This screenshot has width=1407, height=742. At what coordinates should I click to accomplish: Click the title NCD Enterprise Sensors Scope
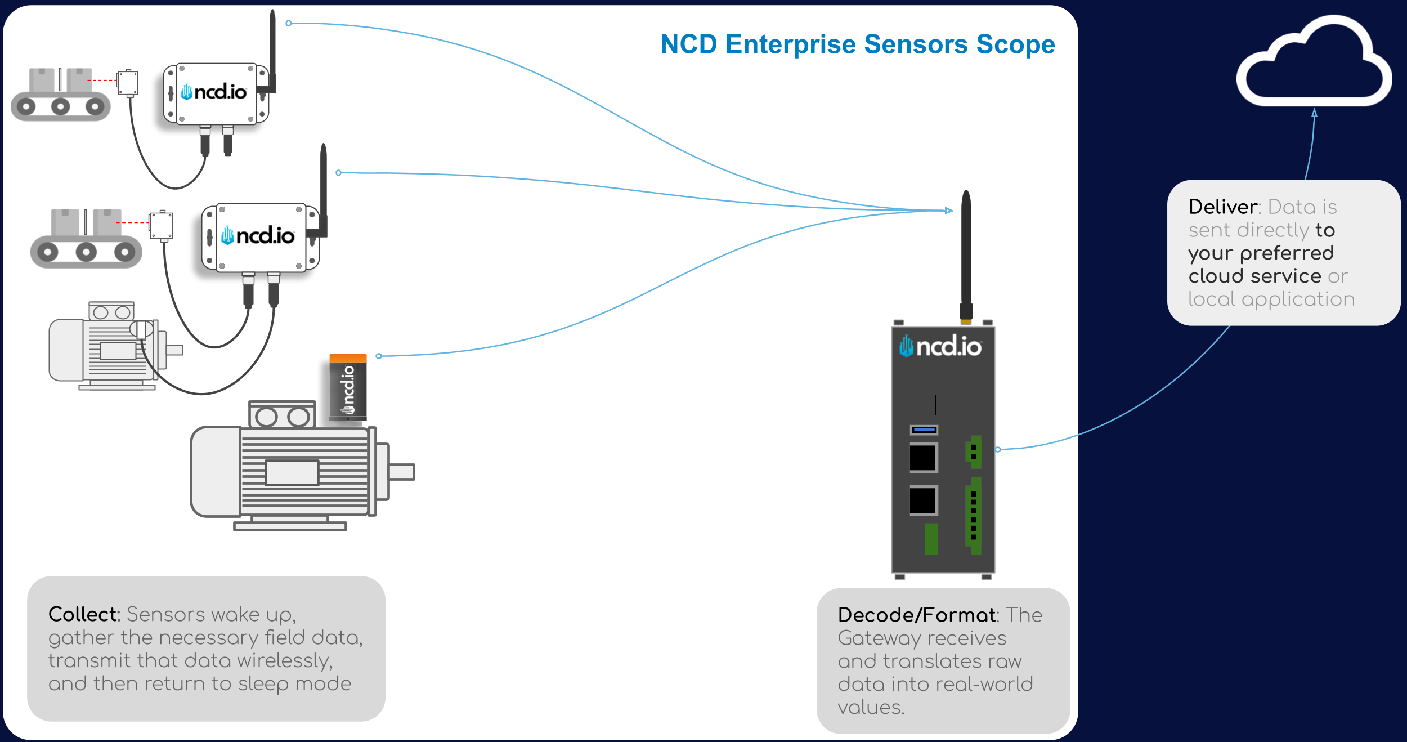[857, 44]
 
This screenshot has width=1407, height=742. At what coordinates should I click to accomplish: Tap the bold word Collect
[84, 614]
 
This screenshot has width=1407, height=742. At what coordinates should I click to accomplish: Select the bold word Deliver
[1223, 207]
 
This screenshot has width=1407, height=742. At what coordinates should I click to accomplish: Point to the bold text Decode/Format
[916, 615]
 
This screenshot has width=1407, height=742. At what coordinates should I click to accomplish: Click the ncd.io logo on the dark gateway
[940, 346]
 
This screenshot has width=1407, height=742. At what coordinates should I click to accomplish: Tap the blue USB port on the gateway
[924, 430]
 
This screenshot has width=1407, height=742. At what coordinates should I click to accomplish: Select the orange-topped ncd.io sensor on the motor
[348, 387]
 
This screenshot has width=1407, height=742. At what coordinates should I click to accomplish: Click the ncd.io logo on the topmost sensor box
[214, 92]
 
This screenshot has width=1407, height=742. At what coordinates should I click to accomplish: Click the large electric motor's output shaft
[401, 472]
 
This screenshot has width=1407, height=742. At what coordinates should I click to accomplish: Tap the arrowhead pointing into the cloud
[1315, 113]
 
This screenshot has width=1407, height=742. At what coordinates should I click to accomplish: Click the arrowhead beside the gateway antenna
[949, 211]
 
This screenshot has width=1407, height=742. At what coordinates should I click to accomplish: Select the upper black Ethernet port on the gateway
[923, 457]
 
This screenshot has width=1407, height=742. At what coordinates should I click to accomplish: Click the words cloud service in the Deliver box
[1254, 276]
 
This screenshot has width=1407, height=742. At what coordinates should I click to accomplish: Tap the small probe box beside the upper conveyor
[128, 83]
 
